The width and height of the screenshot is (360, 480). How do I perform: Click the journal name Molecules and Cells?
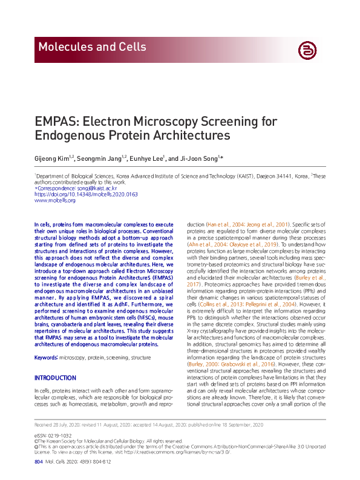click(91, 47)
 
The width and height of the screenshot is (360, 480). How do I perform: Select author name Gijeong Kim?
click(51, 158)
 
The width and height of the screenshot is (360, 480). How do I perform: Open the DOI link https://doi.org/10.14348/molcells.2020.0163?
click(86, 194)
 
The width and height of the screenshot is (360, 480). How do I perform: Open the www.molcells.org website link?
click(54, 200)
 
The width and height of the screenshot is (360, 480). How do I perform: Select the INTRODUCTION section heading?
click(55, 378)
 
